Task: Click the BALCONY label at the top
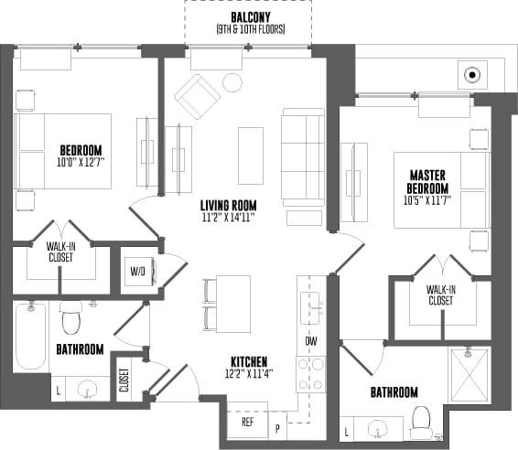pos(250,17)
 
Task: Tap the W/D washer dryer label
pos(137,271)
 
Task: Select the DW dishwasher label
pos(311,340)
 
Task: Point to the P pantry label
pos(278,426)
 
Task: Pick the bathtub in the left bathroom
pos(30,337)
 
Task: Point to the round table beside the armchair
pos(232,83)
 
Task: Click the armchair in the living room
pos(197,96)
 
